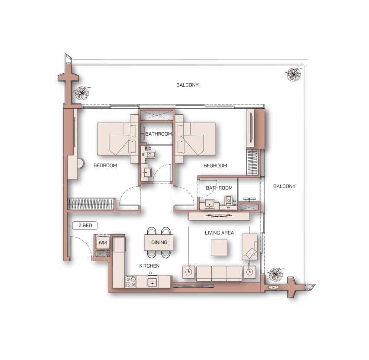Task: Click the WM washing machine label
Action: tap(103, 243)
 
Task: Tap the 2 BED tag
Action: tap(85, 225)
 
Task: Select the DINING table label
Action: tap(159, 242)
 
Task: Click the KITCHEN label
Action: tap(149, 266)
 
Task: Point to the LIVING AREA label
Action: tap(219, 233)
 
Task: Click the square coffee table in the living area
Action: tap(219, 247)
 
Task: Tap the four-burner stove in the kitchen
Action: tap(131, 281)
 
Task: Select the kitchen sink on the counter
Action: tap(152, 282)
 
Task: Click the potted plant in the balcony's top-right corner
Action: tap(294, 74)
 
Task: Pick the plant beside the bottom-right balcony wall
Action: tap(276, 274)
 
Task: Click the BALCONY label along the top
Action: tap(188, 85)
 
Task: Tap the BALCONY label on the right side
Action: tap(284, 186)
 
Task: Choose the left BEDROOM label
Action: tap(105, 165)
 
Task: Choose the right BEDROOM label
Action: tap(215, 165)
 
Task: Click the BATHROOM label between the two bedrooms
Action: tap(159, 134)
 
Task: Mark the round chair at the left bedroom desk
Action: tap(81, 163)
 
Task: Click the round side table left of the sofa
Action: tap(188, 272)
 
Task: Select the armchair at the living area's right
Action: tap(250, 247)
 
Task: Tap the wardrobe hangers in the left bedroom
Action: tap(91, 204)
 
